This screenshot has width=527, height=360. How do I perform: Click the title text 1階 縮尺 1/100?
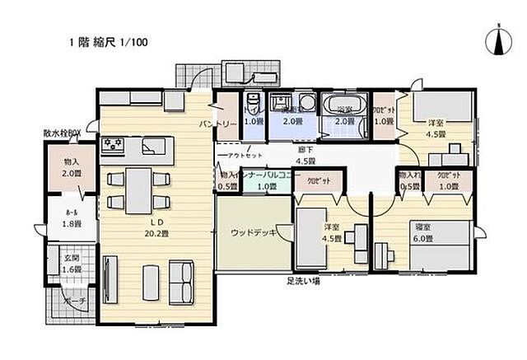pyautogui.click(x=110, y=41)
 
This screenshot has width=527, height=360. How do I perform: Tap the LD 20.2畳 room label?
pyautogui.click(x=153, y=227)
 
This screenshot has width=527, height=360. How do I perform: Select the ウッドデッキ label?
pyautogui.click(x=253, y=232)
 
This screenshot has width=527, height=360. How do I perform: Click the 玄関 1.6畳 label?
pyautogui.click(x=72, y=264)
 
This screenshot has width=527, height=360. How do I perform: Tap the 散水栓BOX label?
pyautogui.click(x=63, y=133)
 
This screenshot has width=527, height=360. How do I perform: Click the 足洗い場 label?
pyautogui.click(x=304, y=280)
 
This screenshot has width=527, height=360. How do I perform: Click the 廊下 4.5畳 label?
pyautogui.click(x=306, y=155)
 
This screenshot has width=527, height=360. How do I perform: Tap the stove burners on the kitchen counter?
pyautogui.click(x=113, y=146)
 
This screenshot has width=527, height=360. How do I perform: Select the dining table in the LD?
pyautogui.click(x=138, y=189)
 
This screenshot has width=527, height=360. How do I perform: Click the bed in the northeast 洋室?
pyautogui.click(x=441, y=106)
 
